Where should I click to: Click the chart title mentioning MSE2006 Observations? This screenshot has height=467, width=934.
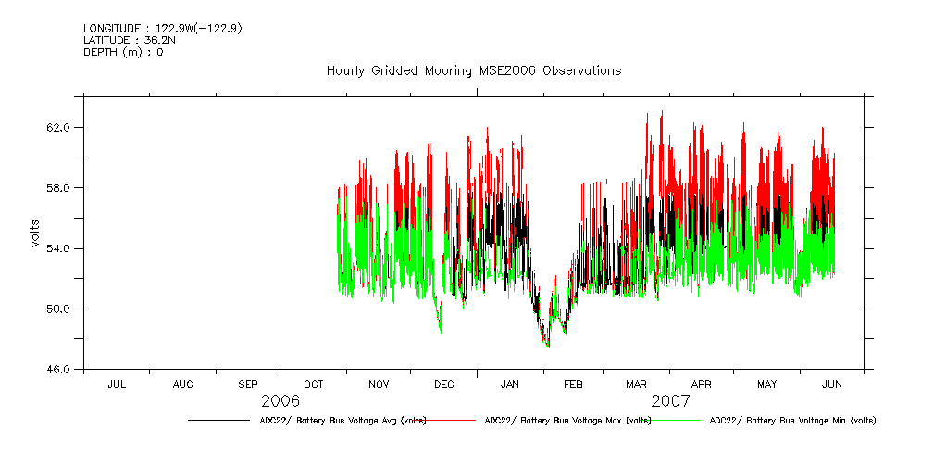click(473, 71)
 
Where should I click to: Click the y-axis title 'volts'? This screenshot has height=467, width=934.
click(36, 233)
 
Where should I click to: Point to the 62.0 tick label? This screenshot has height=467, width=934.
click(57, 127)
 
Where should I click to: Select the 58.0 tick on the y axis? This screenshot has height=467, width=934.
click(57, 188)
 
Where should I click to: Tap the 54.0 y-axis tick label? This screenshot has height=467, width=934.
click(57, 248)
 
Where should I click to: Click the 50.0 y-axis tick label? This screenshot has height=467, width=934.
click(57, 309)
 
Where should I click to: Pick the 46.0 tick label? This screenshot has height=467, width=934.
click(57, 370)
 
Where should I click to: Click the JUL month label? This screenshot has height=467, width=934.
click(118, 384)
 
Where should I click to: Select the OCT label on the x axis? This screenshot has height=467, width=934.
click(314, 384)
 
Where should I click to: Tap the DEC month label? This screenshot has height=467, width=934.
click(444, 384)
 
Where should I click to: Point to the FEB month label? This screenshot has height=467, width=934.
click(573, 384)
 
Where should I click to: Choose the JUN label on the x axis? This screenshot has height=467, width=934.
click(832, 384)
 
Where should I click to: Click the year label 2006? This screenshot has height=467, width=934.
click(280, 401)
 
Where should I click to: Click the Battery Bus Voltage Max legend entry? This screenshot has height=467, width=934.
click(567, 421)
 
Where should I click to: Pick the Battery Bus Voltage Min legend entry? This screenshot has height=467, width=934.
click(792, 421)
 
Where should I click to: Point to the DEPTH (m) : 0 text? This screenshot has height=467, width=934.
click(123, 52)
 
